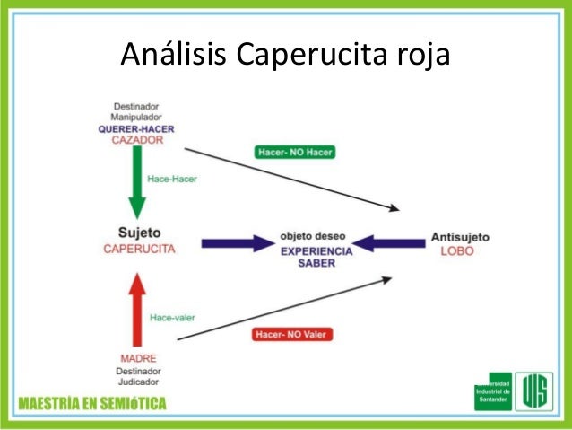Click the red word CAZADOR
coord(137,141)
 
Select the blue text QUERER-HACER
coord(137,129)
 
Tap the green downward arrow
coord(136,184)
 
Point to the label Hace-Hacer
coord(172,179)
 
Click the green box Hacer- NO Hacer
coord(294,152)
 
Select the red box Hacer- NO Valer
coord(290,335)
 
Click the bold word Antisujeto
coord(460,237)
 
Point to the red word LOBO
coord(457,251)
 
